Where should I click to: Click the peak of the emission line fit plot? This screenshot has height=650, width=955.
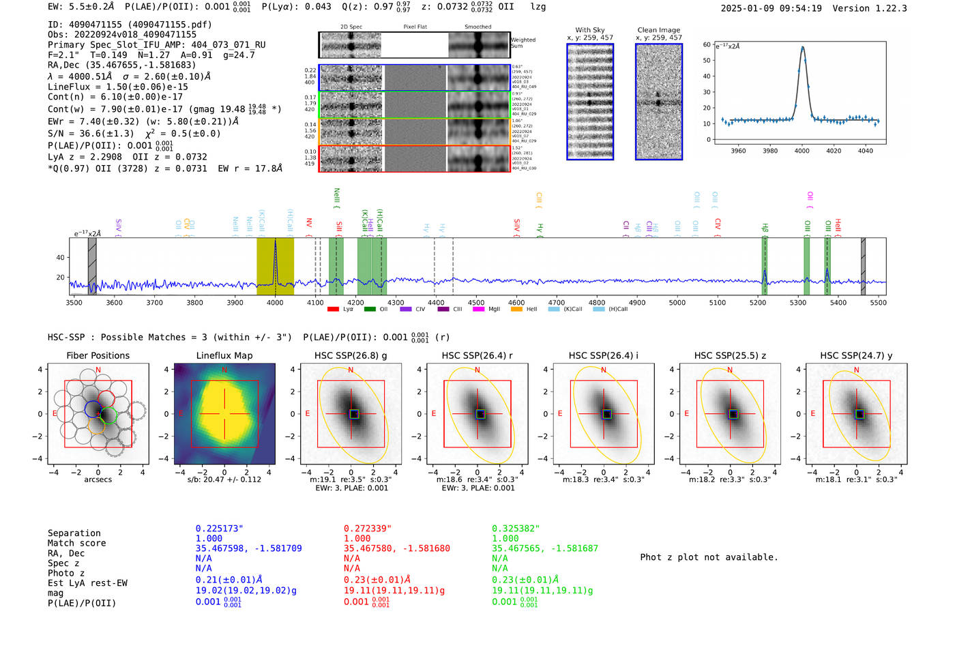pyautogui.click(x=802, y=47)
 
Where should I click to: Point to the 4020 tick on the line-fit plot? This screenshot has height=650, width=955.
pyautogui.click(x=834, y=151)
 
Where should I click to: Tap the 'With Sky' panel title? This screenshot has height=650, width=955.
pyautogui.click(x=590, y=30)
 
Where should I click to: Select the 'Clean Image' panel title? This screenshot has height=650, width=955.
pyautogui.click(x=658, y=30)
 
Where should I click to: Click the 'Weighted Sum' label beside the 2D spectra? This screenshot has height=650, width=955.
pyautogui.click(x=523, y=43)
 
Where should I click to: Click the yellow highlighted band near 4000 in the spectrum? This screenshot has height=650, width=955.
pyautogui.click(x=275, y=266)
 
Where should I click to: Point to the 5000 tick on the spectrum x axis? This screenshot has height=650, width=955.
pyautogui.click(x=677, y=302)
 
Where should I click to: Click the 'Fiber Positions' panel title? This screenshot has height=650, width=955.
pyautogui.click(x=98, y=355)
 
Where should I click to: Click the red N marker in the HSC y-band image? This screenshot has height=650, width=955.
pyautogui.click(x=856, y=370)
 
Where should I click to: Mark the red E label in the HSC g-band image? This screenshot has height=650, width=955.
pyautogui.click(x=307, y=413)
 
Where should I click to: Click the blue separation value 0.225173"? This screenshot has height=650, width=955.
pyautogui.click(x=219, y=529)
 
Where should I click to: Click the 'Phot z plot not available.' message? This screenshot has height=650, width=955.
pyautogui.click(x=709, y=557)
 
